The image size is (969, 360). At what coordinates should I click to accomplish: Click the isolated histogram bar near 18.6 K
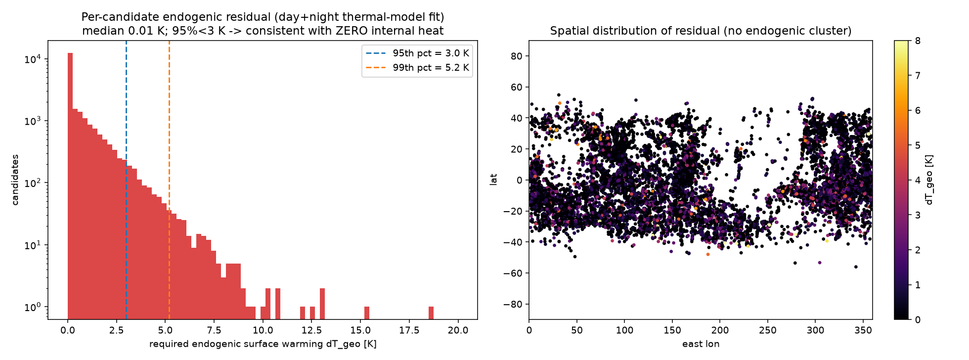click(x=431, y=313)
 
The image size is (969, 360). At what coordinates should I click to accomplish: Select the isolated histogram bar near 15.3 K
click(x=367, y=313)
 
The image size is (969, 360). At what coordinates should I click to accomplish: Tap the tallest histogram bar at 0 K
click(x=70, y=186)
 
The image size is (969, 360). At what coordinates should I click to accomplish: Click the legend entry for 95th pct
click(x=417, y=53)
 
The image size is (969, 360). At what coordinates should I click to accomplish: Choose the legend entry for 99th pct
click(x=417, y=68)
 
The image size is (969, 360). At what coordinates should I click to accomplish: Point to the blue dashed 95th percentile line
click(x=126, y=180)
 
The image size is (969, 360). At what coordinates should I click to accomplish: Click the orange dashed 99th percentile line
click(x=169, y=180)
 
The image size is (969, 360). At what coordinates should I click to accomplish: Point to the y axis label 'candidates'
click(x=15, y=180)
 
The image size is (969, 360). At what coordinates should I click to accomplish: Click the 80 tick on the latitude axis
click(x=517, y=56)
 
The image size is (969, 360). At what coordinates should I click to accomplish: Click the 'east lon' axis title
click(x=701, y=344)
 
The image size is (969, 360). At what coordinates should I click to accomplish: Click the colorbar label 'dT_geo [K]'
click(x=929, y=180)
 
